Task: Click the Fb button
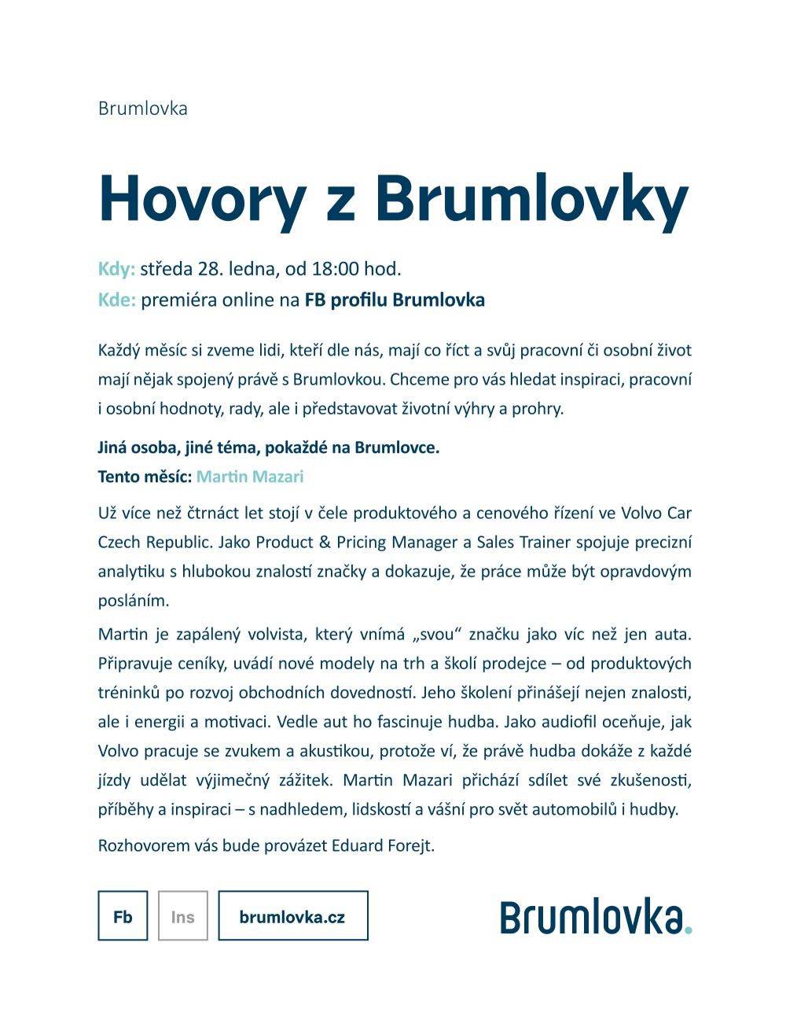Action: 123,915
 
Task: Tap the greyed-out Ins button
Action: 182,915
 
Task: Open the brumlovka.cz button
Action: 292,915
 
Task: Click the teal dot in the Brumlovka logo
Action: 688,929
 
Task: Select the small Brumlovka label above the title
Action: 142,109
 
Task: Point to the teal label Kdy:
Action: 116,269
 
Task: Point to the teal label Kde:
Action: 116,300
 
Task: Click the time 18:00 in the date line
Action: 336,269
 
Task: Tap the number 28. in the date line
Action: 211,269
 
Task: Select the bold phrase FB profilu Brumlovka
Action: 395,300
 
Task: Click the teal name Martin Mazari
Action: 250,477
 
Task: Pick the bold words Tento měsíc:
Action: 145,477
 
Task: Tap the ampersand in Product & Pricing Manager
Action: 325,542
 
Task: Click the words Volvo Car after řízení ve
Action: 656,513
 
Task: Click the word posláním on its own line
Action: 134,600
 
